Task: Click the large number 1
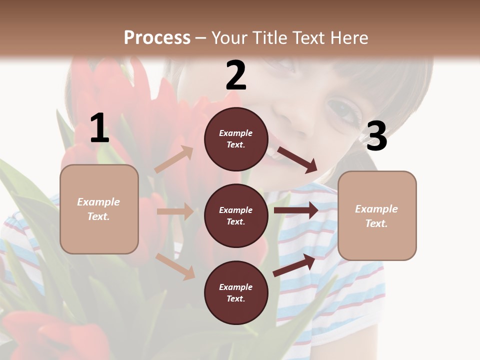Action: (x=99, y=128)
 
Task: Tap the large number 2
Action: (x=236, y=75)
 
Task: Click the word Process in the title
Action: (x=157, y=37)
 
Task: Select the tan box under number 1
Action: (x=99, y=209)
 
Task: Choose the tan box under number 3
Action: (x=377, y=215)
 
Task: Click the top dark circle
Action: (x=236, y=139)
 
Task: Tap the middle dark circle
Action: (x=236, y=215)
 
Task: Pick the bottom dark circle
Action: (x=236, y=292)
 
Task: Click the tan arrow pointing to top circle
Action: (x=174, y=159)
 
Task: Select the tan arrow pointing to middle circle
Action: (x=175, y=211)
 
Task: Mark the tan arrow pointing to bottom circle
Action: (x=175, y=266)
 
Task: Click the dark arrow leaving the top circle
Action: (x=297, y=159)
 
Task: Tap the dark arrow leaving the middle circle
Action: (x=296, y=210)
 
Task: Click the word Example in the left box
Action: (x=98, y=202)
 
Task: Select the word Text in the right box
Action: (x=376, y=223)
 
